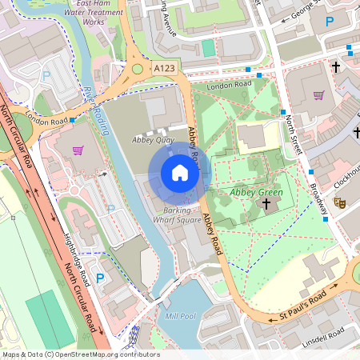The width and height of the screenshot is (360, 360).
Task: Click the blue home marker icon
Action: tap(180, 173)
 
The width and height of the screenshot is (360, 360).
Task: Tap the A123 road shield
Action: tap(165, 69)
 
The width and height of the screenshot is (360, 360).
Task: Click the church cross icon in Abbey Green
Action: tap(266, 204)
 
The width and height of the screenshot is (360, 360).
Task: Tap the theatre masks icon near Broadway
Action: tap(339, 205)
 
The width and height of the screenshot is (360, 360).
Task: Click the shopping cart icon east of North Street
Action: tap(319, 95)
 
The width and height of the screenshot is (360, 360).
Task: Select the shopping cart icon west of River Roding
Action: tap(78, 150)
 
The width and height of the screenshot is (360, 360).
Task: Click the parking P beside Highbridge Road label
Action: tap(100, 278)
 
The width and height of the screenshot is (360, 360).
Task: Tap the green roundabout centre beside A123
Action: tap(137, 69)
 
